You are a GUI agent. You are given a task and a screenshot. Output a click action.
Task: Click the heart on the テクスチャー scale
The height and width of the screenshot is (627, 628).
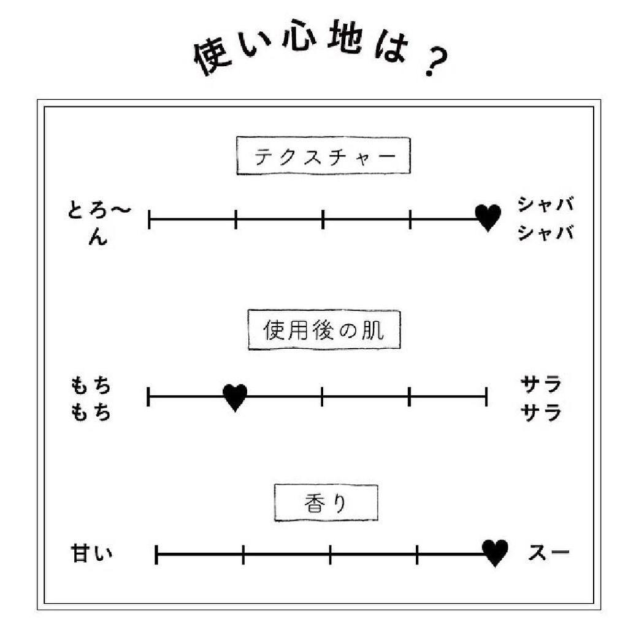point(488,218)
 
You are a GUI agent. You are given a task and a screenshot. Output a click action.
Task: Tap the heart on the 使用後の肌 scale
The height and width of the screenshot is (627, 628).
point(235,397)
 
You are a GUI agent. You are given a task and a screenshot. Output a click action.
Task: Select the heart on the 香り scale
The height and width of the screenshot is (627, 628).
point(495,553)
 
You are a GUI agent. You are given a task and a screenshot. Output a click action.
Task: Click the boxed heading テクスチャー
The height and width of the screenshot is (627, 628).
point(324,156)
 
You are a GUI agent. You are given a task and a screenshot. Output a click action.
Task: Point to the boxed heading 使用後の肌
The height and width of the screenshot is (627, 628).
point(324,332)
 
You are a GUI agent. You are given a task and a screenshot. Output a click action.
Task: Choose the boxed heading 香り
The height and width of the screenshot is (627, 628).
point(326,503)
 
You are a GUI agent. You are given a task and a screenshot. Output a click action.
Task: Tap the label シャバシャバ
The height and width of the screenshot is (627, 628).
point(546,218)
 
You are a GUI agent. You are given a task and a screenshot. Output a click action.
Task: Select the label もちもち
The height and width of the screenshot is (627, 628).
point(91,398)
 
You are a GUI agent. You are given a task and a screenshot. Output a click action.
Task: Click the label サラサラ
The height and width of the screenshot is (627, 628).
point(541,398)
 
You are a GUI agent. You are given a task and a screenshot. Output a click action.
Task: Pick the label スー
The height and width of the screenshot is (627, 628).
point(549,553)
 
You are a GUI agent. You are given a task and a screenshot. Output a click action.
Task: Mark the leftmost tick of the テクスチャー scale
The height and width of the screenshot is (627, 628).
point(149,218)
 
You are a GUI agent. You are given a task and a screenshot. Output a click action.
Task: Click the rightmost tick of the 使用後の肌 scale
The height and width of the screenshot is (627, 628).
point(486,397)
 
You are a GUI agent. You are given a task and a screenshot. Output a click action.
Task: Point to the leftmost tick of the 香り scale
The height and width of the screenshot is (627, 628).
point(157,554)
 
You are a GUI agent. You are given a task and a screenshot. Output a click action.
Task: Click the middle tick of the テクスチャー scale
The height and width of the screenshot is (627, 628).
point(323,218)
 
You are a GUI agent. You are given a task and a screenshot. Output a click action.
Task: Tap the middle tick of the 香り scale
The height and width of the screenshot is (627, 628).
point(330,554)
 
